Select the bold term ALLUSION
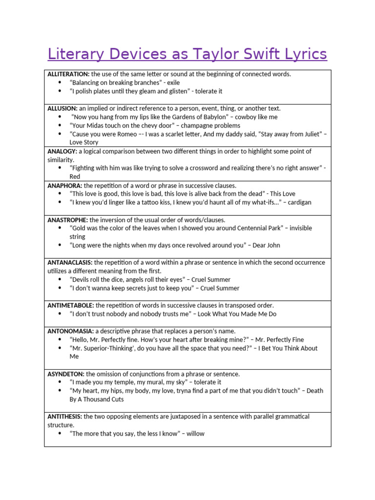point(62,108)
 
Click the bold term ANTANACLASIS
point(70,262)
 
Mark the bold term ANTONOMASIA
point(70,331)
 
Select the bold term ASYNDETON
point(66,374)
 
